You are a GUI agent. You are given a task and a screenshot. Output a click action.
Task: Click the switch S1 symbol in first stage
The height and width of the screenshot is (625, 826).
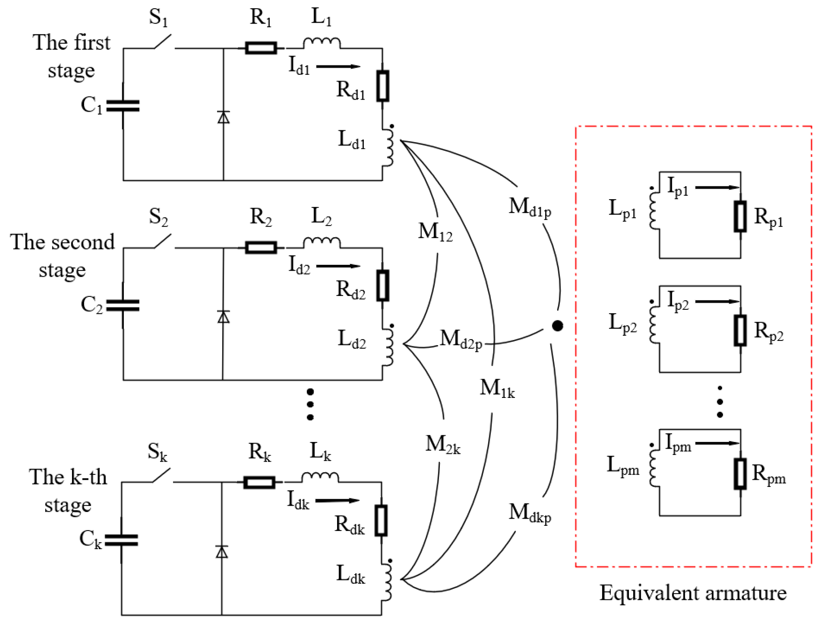coord(162,42)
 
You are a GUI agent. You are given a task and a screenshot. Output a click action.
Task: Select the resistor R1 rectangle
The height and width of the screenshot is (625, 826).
coord(261,48)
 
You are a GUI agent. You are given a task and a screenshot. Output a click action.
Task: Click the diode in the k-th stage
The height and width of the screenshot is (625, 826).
coord(222,552)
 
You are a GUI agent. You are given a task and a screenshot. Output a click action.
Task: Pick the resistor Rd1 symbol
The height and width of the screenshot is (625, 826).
coord(383,86)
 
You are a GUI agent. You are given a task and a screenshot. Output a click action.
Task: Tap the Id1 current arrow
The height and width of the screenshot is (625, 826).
coord(338,67)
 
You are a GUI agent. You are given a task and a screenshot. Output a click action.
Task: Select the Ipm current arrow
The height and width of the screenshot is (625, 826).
coord(718,443)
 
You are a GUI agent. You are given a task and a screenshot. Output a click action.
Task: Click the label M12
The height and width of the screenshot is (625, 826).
coord(435,231)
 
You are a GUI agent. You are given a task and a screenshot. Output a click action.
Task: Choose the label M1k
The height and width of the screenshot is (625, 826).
coord(497,388)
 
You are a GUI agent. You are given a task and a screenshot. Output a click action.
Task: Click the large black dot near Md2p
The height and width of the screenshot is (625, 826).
coord(557,326)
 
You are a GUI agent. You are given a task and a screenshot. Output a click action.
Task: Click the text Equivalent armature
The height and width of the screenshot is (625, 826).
coord(693,593)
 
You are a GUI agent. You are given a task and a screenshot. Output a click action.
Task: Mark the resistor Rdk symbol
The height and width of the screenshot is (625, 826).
coord(381,521)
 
